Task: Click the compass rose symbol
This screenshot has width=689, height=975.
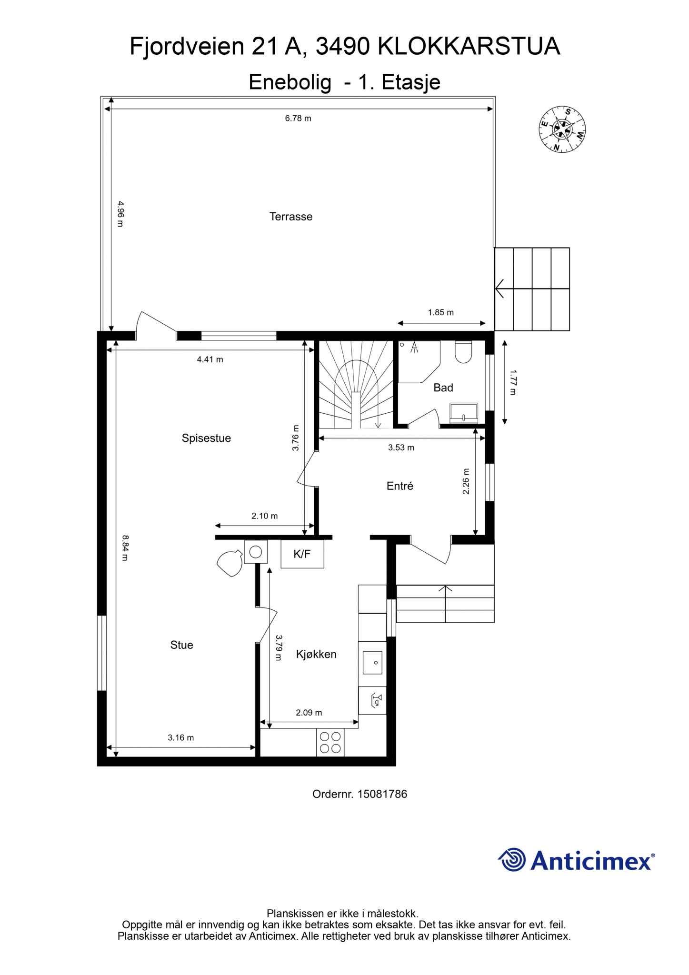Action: (562, 129)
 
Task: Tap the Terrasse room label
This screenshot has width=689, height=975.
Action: (291, 217)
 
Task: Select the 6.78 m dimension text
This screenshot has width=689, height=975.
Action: (298, 119)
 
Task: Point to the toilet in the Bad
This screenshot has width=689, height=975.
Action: (463, 352)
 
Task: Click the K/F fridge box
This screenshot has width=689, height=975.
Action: (302, 554)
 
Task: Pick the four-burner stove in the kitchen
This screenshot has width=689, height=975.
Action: (330, 742)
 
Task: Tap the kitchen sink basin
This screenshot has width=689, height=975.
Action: (372, 663)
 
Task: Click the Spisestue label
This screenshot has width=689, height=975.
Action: (206, 438)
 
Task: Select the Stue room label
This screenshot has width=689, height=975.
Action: (182, 645)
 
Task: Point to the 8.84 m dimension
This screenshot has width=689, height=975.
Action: (125, 548)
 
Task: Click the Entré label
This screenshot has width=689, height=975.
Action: (400, 486)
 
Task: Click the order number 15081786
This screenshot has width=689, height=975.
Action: (382, 794)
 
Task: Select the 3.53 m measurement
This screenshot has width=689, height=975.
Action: (401, 448)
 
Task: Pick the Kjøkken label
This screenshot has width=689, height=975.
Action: (316, 654)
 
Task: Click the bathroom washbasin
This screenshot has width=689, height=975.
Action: (464, 413)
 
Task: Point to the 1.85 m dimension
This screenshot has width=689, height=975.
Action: (440, 313)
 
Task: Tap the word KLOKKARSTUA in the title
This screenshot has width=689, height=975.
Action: (469, 47)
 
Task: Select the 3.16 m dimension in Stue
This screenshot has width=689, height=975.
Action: (181, 738)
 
